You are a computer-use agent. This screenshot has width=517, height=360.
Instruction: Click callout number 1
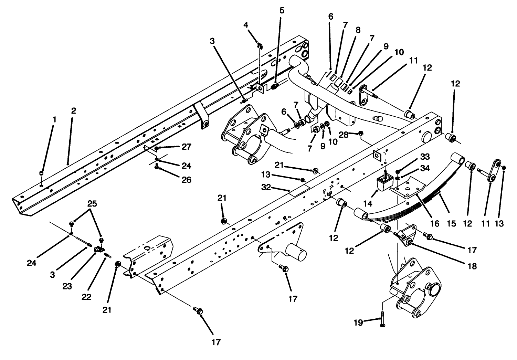coord(54,119)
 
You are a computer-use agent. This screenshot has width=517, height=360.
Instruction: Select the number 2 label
coord(73,111)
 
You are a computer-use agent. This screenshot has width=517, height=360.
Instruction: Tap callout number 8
coord(358,30)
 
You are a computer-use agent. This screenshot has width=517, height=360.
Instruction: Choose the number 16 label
coord(434,223)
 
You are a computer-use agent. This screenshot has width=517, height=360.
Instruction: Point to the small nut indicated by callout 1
coord(41,173)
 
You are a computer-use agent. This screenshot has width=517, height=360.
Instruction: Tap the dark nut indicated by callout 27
coord(157,148)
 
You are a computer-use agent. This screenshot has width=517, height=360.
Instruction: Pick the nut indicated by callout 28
coord(361,133)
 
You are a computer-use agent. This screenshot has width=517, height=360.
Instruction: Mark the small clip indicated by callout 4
coord(260,45)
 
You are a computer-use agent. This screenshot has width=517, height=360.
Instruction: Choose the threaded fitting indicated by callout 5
coord(275,87)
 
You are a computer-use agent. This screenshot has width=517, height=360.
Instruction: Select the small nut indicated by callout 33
coord(398,171)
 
